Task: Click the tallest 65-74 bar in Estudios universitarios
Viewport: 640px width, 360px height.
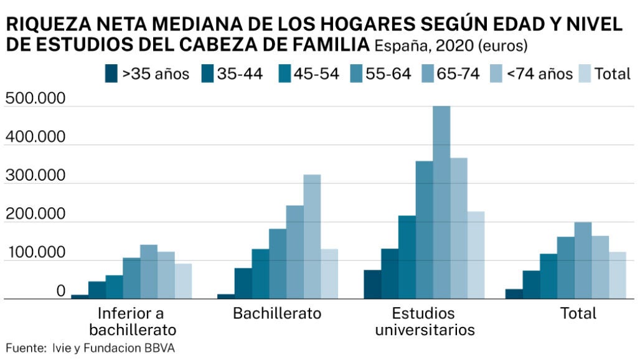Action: (441, 202)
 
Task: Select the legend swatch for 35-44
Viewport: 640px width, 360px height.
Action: (208, 73)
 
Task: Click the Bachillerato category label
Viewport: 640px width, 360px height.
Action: (277, 313)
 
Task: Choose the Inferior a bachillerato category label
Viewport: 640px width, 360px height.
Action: (131, 321)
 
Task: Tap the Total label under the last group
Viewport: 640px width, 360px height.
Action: (578, 313)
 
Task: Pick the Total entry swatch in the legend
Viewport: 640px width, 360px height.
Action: (584, 73)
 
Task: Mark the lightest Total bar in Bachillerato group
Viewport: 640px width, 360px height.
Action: (329, 274)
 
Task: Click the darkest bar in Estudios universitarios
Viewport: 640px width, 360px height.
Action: (372, 284)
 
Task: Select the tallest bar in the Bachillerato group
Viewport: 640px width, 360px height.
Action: (312, 237)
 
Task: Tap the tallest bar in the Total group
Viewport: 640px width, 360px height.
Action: (583, 260)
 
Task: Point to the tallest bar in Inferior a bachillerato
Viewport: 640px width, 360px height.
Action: (149, 272)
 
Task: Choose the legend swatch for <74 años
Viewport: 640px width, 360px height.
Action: (499, 73)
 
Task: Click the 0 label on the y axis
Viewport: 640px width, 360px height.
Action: (60, 291)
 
